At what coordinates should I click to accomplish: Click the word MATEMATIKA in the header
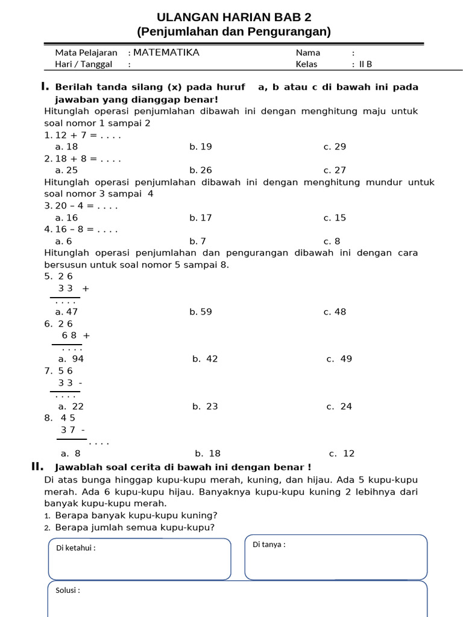pyautogui.click(x=166, y=52)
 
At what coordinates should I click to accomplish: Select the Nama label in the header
pyautogui.click(x=308, y=52)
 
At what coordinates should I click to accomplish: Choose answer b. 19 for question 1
pyautogui.click(x=201, y=146)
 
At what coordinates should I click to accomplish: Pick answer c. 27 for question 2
pyautogui.click(x=335, y=170)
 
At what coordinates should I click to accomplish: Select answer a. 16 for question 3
pyautogui.click(x=66, y=218)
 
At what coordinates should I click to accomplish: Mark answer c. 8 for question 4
pyautogui.click(x=332, y=241)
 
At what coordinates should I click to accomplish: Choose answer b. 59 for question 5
pyautogui.click(x=201, y=312)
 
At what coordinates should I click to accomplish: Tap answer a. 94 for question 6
pyautogui.click(x=71, y=359)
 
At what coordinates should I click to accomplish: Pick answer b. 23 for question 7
pyautogui.click(x=205, y=406)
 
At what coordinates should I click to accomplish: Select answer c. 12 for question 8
pyautogui.click(x=342, y=453)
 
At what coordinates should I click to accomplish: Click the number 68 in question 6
pyautogui.click(x=70, y=335)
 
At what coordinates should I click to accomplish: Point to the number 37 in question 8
pyautogui.click(x=69, y=430)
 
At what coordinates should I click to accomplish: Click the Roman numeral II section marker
pyautogui.click(x=37, y=466)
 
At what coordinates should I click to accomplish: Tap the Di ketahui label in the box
pyautogui.click(x=75, y=548)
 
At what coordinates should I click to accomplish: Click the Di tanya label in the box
pyautogui.click(x=269, y=545)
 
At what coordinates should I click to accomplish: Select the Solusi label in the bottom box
pyautogui.click(x=68, y=590)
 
